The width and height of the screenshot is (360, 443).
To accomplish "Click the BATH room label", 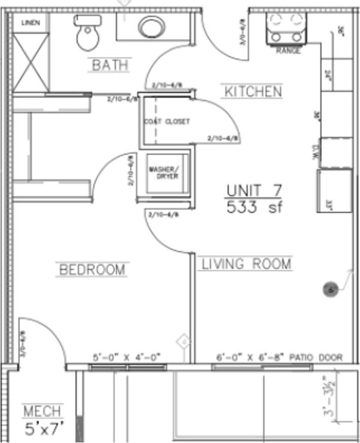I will click(x=109, y=65).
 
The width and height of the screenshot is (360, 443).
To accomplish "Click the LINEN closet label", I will click(x=30, y=22).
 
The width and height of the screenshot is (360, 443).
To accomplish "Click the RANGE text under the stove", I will click(x=288, y=51).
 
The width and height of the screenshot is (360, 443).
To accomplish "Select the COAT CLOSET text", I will click(x=167, y=122).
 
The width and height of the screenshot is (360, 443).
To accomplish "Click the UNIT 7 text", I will click(x=254, y=191).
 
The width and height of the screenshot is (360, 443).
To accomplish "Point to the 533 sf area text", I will click(x=254, y=208).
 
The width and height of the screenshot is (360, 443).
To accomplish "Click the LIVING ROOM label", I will click(x=247, y=264).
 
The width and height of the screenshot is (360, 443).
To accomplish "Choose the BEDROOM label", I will click(x=92, y=269).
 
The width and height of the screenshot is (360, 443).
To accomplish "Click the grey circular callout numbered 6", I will click(x=330, y=290).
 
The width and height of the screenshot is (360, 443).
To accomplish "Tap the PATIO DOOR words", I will click(x=317, y=357).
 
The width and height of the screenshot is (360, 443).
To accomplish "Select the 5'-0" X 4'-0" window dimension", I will click(x=127, y=357).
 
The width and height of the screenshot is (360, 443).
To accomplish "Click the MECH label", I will click(x=44, y=411).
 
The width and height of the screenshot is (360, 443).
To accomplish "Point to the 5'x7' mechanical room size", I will click(x=45, y=429).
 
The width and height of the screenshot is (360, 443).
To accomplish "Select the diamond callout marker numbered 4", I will click(x=185, y=342).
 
